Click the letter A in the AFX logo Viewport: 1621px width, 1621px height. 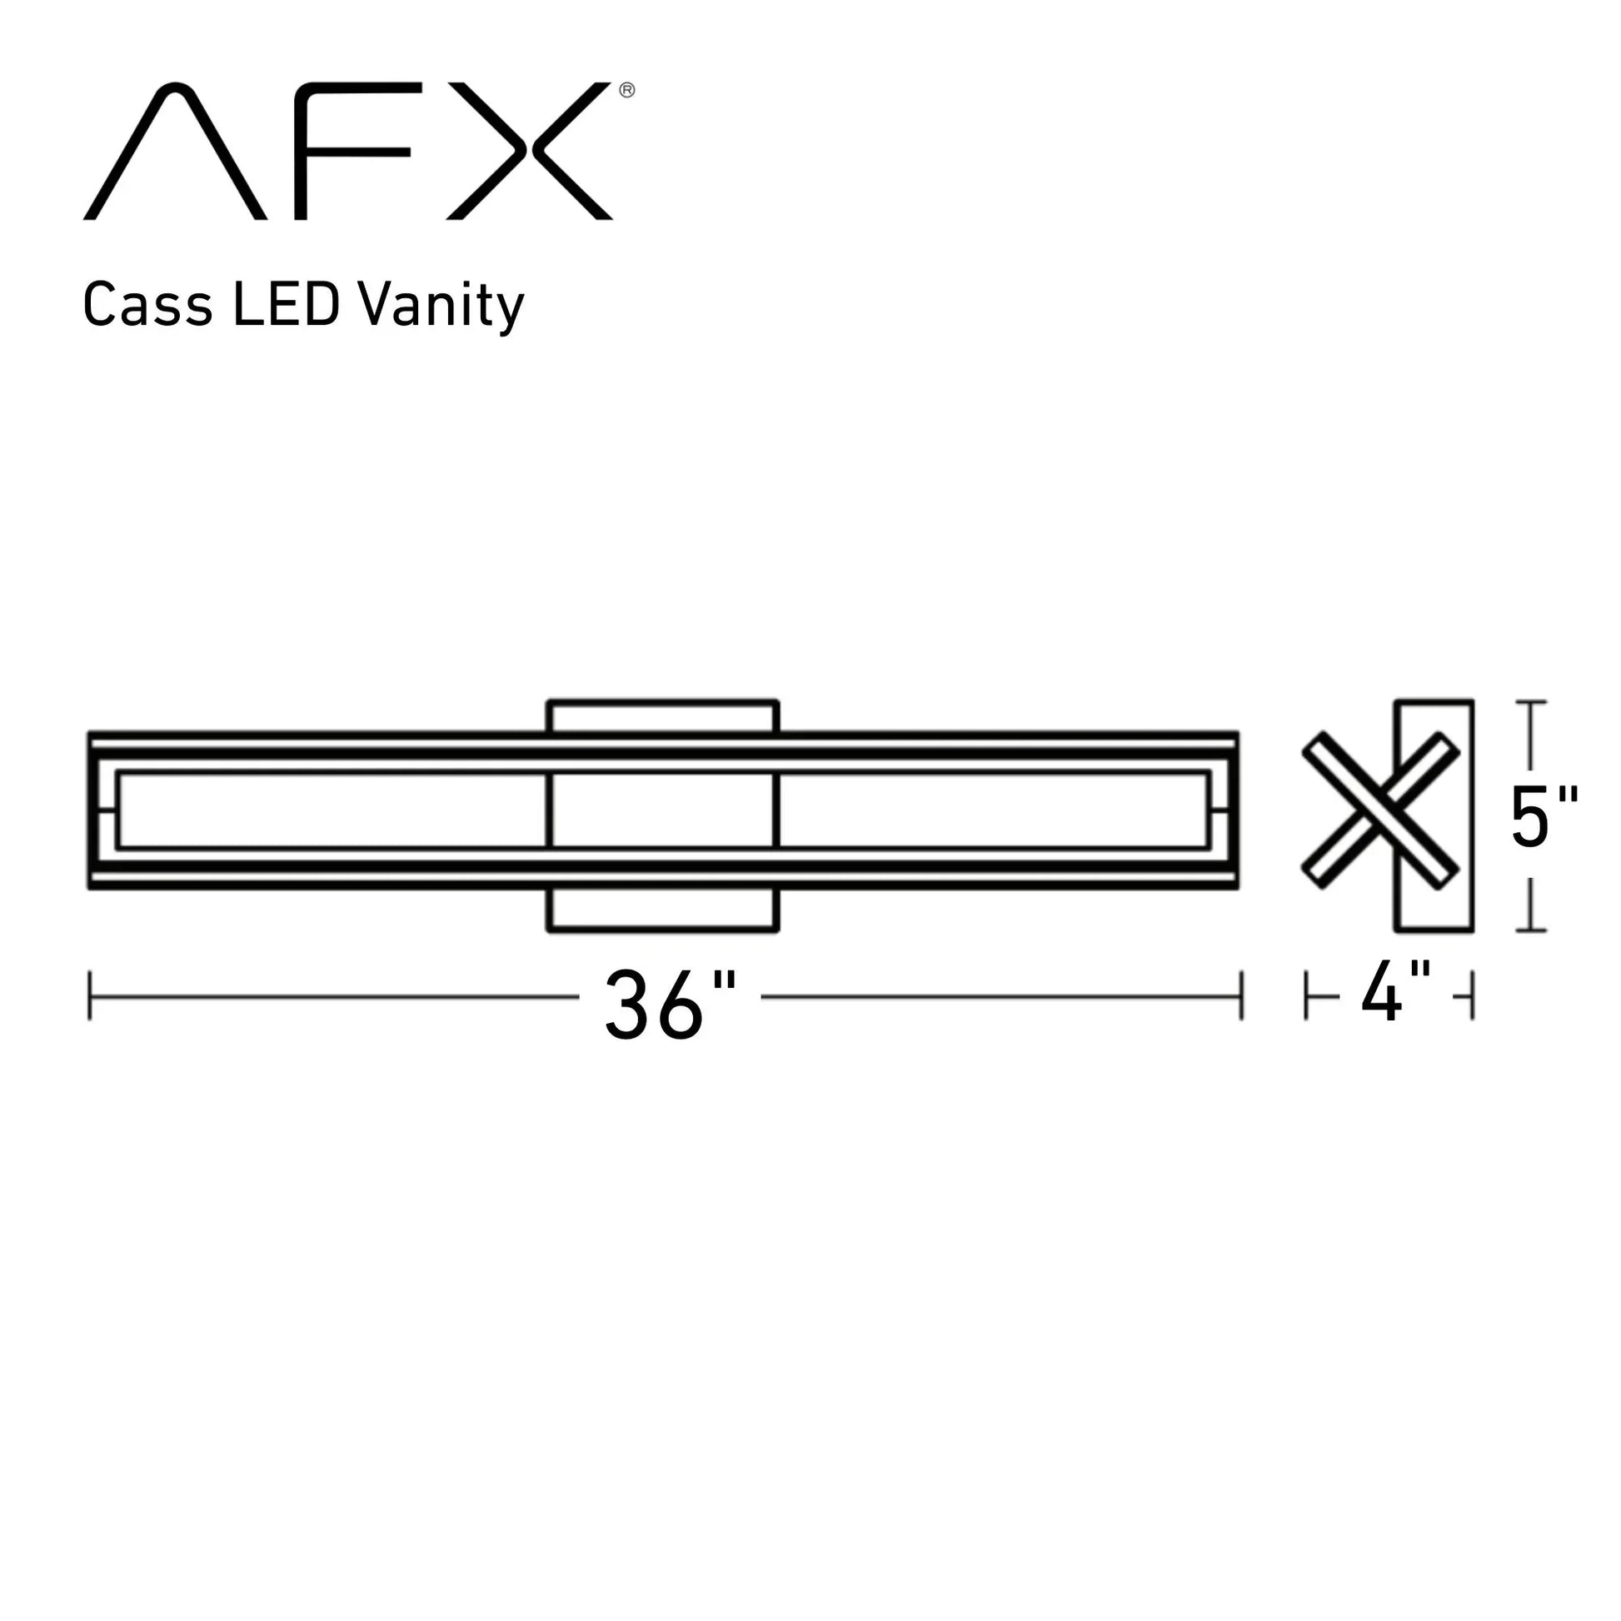point(176,151)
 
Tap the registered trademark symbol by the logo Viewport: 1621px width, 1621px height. point(626,90)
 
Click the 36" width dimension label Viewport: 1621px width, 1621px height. point(670,1005)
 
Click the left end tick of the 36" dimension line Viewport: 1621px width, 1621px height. point(90,996)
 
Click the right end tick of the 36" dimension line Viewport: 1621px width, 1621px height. point(1241,996)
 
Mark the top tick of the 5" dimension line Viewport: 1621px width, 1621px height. point(1531,702)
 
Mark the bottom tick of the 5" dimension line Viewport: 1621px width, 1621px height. point(1531,930)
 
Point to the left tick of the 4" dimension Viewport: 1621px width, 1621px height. point(1306,996)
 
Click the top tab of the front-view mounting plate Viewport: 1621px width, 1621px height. point(663,716)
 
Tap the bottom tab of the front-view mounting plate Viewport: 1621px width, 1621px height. point(663,910)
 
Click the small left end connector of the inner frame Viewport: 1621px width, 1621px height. point(107,811)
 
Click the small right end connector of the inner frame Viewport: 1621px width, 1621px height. point(1221,811)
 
